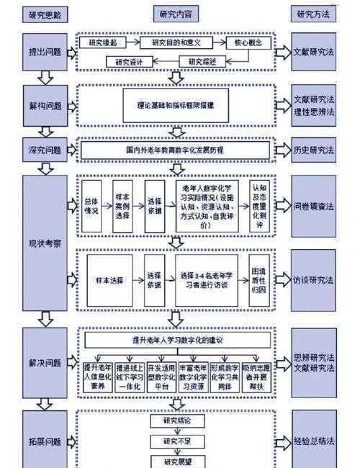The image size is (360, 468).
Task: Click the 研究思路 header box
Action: point(45,14)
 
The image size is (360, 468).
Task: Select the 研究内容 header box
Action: point(176,14)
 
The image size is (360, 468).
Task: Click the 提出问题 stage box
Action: point(45,52)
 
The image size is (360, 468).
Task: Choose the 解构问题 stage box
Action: point(45,105)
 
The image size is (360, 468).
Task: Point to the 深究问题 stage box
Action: point(45,150)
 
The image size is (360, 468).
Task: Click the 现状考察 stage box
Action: point(45,243)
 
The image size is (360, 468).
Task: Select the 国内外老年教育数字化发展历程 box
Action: point(176,151)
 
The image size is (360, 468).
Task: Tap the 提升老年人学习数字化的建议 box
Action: point(176,339)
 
